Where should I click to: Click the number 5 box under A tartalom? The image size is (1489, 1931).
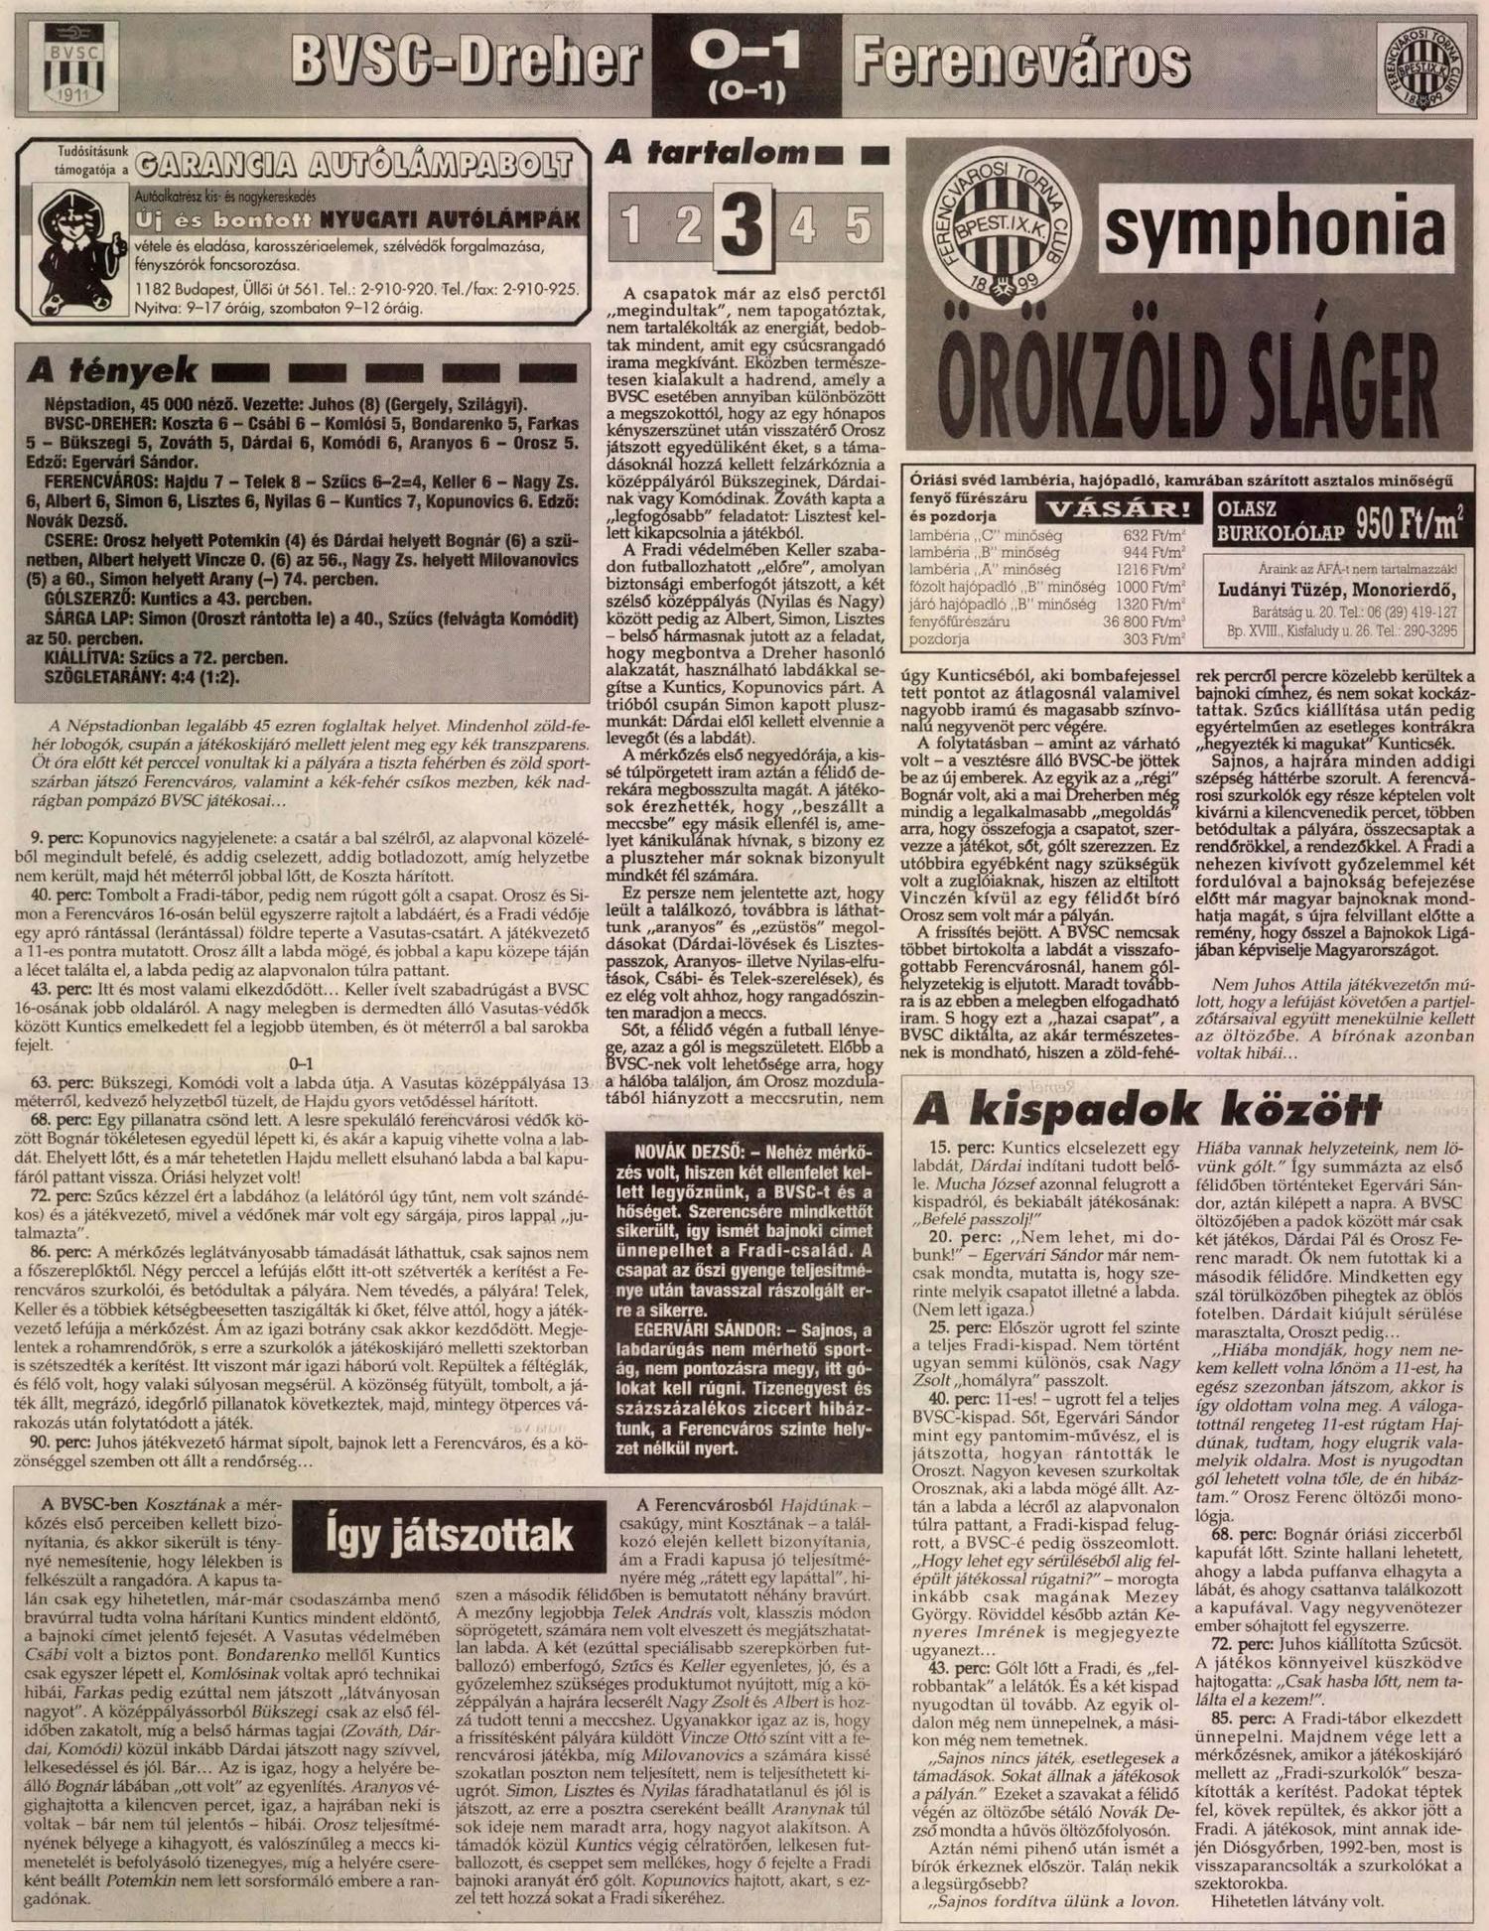[x=857, y=227]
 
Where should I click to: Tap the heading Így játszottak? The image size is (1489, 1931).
[x=450, y=1536]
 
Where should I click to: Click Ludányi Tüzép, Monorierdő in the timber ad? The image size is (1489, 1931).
[x=1336, y=589]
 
